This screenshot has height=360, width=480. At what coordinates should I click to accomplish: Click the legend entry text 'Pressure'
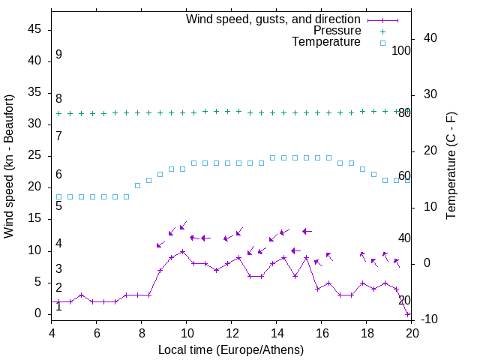point(337,31)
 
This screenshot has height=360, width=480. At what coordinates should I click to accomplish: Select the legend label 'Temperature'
point(326,43)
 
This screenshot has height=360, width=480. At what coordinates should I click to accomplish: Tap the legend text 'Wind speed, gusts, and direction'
point(274,19)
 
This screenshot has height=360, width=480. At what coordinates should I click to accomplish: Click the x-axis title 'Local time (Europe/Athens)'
point(231,349)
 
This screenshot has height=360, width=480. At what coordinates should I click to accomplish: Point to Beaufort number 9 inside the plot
point(58,55)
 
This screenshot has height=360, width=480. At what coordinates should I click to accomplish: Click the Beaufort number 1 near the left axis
point(58,307)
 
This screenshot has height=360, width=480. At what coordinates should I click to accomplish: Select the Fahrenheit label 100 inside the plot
point(401,51)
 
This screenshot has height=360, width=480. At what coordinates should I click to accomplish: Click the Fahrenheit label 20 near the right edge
point(404,301)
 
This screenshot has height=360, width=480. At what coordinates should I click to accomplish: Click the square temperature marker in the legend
point(382,43)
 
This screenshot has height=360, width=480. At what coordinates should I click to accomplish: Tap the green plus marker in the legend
point(382,31)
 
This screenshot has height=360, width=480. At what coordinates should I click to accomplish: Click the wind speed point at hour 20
point(408,314)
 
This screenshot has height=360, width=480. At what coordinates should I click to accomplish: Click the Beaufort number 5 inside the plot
point(58,205)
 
